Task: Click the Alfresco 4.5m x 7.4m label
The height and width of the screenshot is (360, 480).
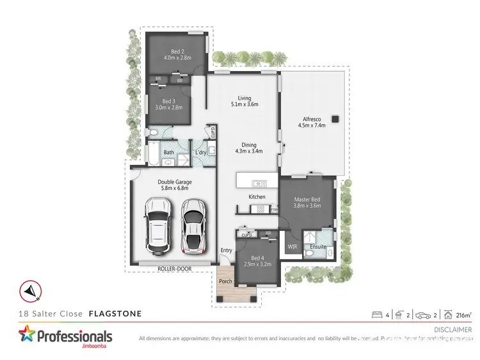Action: pos(311,121)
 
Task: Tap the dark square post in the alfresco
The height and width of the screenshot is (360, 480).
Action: pos(334,118)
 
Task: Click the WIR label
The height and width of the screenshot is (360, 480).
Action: pos(292,246)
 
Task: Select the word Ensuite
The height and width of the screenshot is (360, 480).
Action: pos(318,246)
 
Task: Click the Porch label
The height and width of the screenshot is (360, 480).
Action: pos(226,281)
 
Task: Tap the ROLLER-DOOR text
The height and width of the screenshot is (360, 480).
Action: pos(175,269)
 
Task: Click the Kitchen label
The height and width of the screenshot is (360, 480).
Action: pos(257,196)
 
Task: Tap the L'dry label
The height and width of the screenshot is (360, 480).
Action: pos(200,152)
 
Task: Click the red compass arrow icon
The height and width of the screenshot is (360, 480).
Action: pos(30,291)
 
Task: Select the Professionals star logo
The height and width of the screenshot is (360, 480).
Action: pos(28,336)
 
